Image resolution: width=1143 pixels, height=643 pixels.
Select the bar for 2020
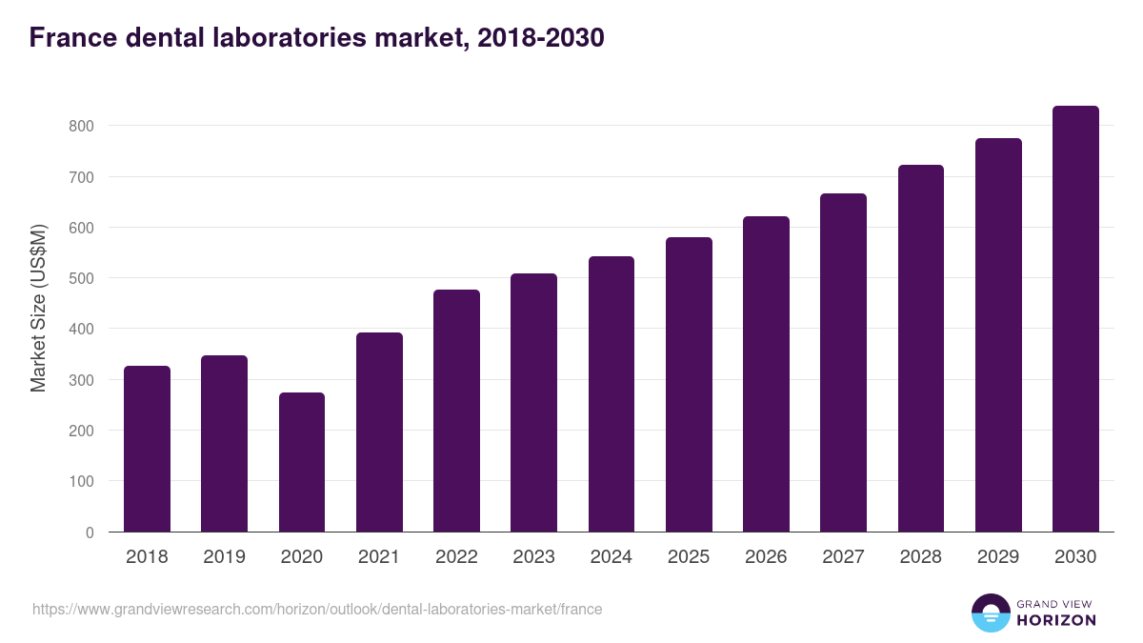point(302,463)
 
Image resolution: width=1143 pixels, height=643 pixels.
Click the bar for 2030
point(1075,319)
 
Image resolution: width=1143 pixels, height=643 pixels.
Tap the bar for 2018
point(147,450)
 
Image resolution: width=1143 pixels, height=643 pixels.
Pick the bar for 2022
point(456,412)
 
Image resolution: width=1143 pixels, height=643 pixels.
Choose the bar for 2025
point(689,385)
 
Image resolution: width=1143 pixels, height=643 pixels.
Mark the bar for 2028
point(921,349)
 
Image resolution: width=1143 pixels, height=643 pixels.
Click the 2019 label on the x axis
point(224,557)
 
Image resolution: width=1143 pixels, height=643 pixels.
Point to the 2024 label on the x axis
point(611,557)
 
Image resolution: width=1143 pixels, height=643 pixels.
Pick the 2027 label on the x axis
point(843,557)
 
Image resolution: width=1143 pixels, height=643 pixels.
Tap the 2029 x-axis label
point(998,557)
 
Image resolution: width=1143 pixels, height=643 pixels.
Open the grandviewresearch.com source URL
point(317,609)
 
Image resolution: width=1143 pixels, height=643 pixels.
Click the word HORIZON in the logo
point(1054,620)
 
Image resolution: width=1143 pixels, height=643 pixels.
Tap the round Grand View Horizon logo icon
point(990,613)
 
